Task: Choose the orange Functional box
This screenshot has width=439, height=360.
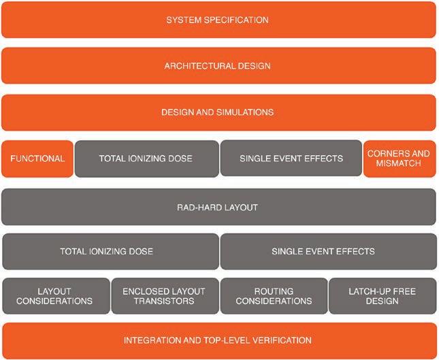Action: tap(37, 159)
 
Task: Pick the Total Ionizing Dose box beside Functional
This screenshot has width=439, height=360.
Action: tap(146, 159)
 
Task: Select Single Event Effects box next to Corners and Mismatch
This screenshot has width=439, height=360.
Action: tap(291, 159)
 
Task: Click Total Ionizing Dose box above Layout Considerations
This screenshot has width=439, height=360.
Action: tap(110, 251)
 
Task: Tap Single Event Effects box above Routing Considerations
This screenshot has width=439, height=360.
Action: tap(327, 251)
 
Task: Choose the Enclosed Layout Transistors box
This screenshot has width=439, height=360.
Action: tap(165, 295)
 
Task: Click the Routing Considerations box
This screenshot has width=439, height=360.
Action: tap(274, 295)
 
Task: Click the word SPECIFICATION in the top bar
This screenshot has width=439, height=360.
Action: tap(238, 20)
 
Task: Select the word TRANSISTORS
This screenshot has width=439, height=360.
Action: tap(165, 301)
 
